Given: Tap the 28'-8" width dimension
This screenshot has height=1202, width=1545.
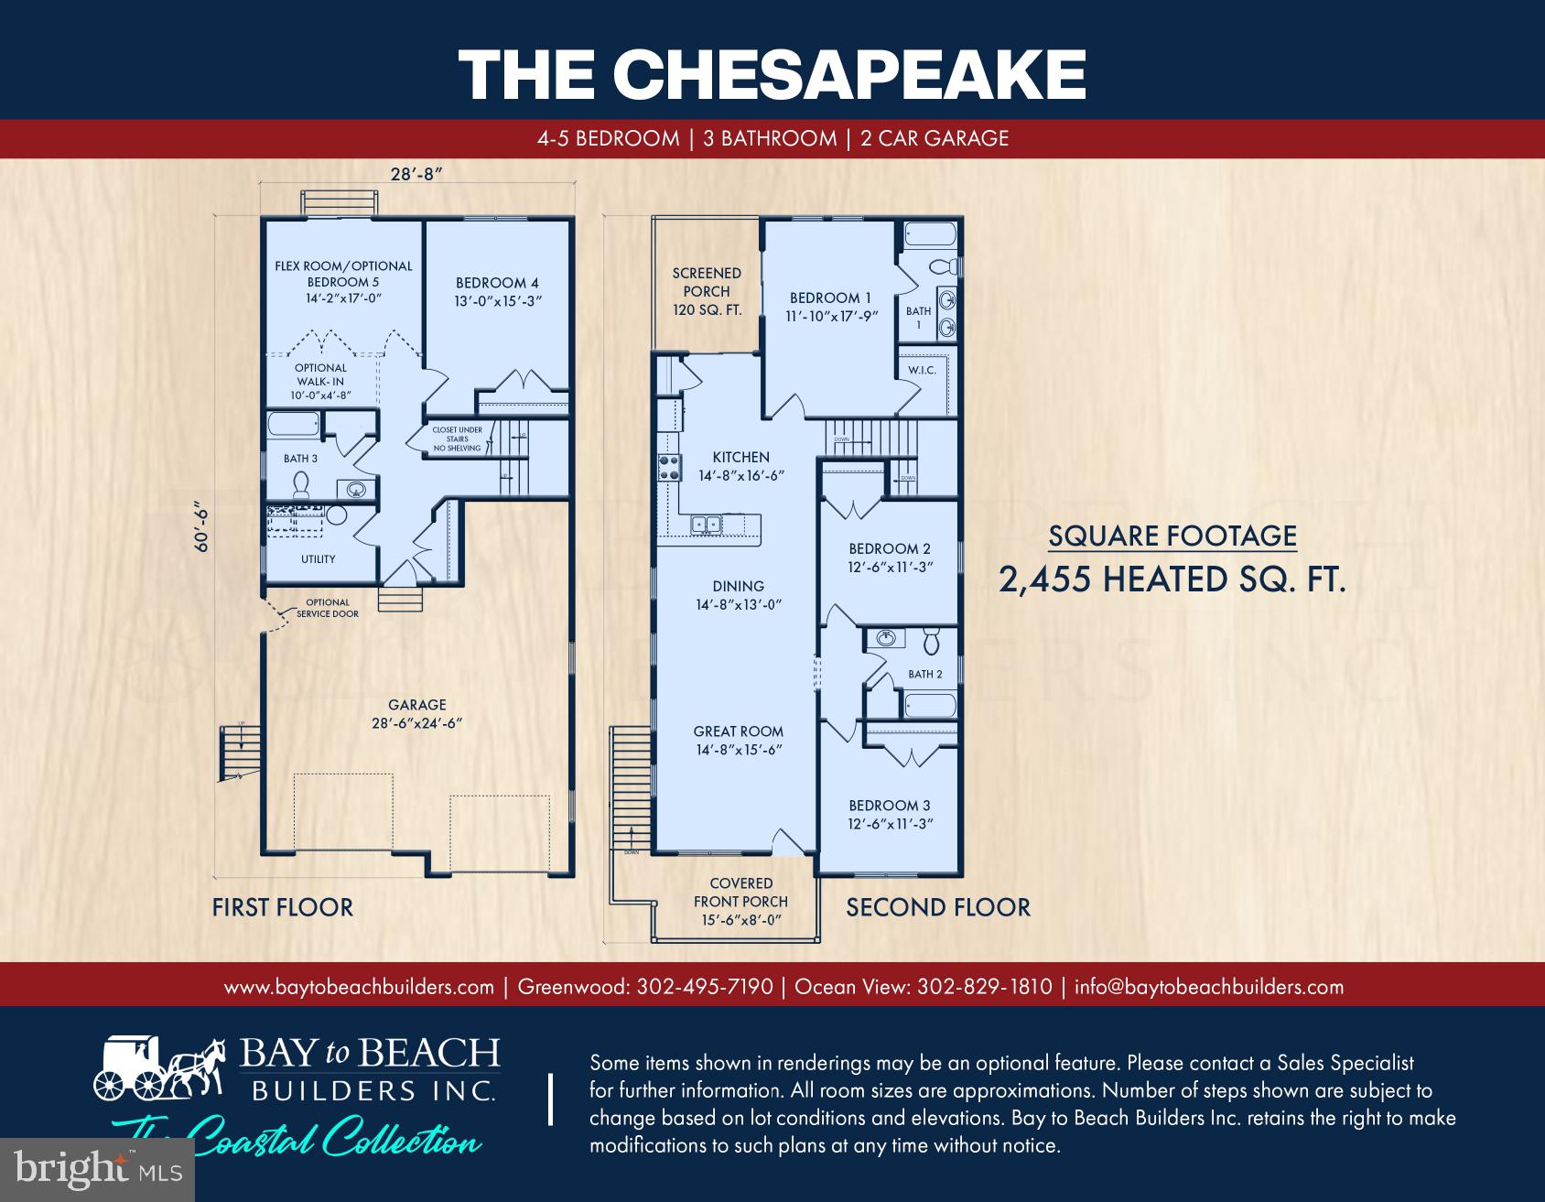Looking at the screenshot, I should point(416,175).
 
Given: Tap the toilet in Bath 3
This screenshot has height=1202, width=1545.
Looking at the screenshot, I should point(299,484).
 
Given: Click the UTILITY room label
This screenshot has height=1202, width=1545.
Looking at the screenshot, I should point(318,558).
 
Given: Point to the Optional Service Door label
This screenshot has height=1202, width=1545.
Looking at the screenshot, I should point(327,608).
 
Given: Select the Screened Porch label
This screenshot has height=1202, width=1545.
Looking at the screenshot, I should point(707,291).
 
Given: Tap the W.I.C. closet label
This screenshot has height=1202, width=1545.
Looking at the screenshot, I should point(921,371).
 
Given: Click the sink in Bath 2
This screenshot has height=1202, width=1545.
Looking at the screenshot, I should point(884,638).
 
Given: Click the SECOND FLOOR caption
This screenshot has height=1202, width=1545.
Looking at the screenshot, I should point(937,907).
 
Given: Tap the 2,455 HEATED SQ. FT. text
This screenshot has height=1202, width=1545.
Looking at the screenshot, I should point(1172,579).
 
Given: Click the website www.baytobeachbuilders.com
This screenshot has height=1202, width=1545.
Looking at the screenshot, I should point(359,987).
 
